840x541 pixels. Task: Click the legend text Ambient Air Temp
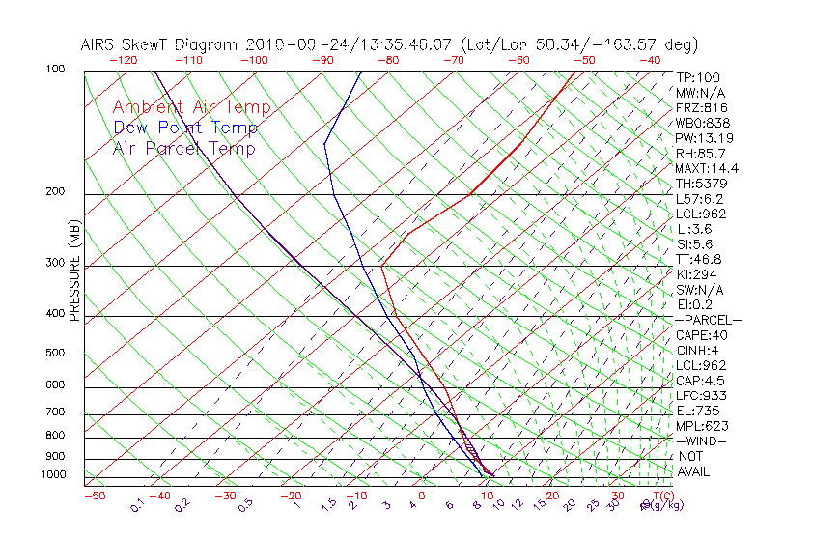click(191, 107)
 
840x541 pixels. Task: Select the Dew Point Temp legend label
click(185, 128)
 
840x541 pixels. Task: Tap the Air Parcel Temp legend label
click(184, 148)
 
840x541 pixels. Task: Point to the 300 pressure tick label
click(55, 263)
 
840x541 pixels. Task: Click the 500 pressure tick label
click(55, 354)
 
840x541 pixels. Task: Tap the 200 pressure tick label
click(55, 191)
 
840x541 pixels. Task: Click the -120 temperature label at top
click(123, 60)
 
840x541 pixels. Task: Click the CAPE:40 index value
click(701, 335)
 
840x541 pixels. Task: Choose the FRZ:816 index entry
click(700, 108)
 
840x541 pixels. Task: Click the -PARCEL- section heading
click(708, 320)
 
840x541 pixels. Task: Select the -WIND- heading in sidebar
click(702, 441)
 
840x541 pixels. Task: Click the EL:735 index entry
click(696, 411)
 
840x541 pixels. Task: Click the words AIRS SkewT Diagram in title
click(160, 44)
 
